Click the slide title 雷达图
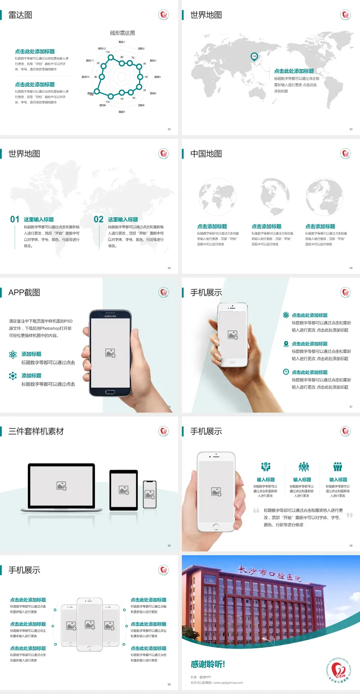tap(20, 15)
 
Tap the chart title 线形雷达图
tap(122, 33)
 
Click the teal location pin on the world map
tap(254, 57)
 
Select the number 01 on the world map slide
tap(15, 219)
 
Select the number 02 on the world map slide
tap(99, 219)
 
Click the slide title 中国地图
tap(206, 154)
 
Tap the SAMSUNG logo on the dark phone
tap(110, 316)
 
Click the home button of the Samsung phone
tap(110, 392)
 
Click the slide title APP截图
tap(24, 293)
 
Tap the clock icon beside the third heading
tap(286, 372)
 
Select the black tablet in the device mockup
tap(124, 490)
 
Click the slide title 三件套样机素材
tap(36, 431)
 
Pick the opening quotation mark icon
tap(256, 511)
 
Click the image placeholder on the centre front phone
tap(90, 624)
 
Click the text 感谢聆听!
tap(208, 664)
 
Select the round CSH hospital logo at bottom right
tap(339, 670)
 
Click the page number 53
tap(351, 129)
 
